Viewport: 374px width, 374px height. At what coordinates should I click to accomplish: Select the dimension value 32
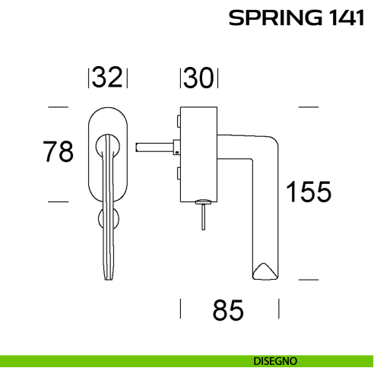pyautogui.click(x=108, y=77)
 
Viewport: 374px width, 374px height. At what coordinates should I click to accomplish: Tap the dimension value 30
pyautogui.click(x=199, y=77)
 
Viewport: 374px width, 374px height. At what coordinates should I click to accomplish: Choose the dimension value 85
pyautogui.click(x=228, y=310)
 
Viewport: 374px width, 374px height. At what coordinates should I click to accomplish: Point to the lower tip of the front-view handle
pyautogui.click(x=109, y=274)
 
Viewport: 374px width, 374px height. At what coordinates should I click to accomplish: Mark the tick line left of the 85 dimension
pyautogui.click(x=180, y=309)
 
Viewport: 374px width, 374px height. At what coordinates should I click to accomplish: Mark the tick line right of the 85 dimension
pyautogui.click(x=279, y=309)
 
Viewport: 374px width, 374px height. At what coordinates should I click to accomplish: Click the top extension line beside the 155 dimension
pyautogui.click(x=308, y=107)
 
